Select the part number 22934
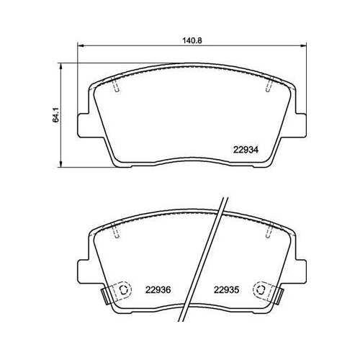(x=246, y=150)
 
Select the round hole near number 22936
(x=122, y=291)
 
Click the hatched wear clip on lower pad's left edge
(x=106, y=294)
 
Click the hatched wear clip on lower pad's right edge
(x=279, y=294)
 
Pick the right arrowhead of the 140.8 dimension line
(x=305, y=48)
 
